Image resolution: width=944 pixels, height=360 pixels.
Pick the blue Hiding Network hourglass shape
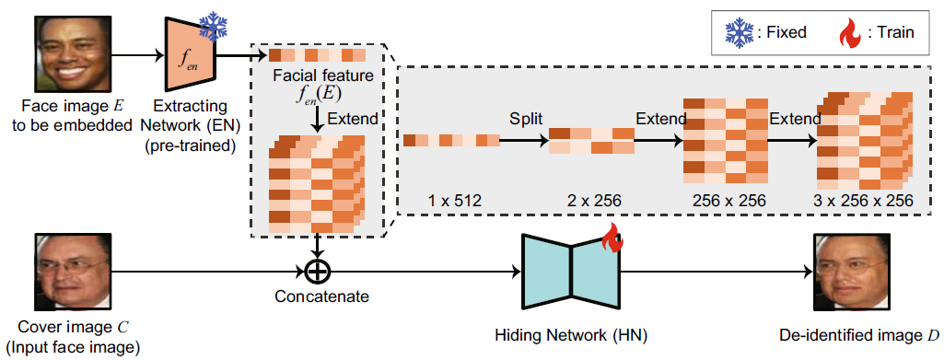571,273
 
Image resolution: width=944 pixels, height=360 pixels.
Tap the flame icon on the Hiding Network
612,241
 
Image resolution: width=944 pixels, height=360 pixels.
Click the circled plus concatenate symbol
317,273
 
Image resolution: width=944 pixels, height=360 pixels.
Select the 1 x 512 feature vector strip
451,141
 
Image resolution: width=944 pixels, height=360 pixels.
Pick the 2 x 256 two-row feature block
591,141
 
